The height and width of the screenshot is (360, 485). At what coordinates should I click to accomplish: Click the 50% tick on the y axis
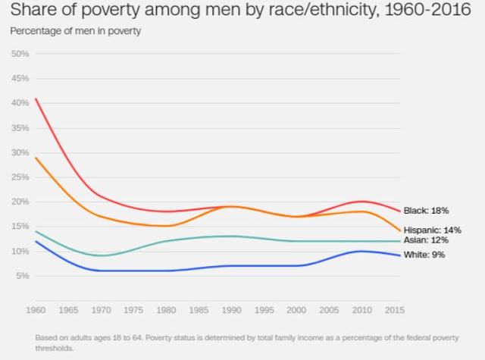click(x=20, y=54)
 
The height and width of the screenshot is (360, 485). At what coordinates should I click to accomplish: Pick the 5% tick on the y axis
click(x=23, y=276)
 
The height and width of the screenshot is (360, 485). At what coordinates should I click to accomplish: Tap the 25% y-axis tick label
click(x=20, y=177)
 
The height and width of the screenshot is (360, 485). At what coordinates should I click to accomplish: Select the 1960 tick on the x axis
click(x=35, y=311)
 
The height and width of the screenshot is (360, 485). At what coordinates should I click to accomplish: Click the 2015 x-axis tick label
click(x=394, y=311)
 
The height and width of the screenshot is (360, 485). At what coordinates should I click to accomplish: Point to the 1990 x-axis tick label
click(x=231, y=311)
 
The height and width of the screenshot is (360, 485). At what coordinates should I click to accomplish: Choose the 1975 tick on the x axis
click(x=133, y=311)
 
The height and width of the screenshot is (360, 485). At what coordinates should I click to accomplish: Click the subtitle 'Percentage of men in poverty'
click(x=75, y=31)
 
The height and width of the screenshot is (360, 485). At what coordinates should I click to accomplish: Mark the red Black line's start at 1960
click(x=35, y=99)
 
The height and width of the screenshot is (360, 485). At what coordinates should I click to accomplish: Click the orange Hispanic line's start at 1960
click(x=35, y=158)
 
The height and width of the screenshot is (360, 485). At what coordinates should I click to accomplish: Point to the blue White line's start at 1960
click(x=35, y=241)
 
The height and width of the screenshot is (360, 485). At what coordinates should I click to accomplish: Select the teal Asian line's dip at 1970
click(x=100, y=255)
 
